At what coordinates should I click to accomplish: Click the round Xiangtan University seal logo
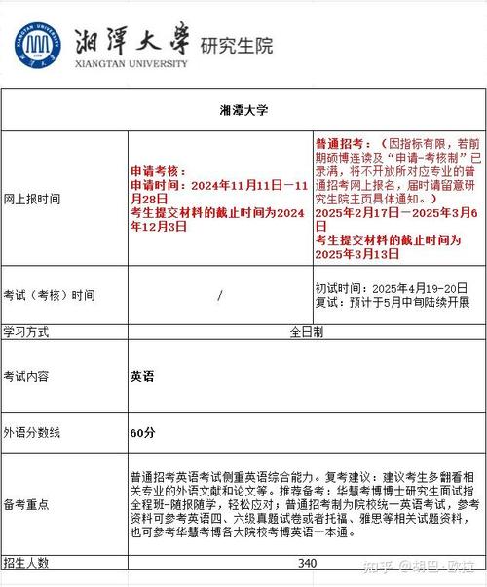(x=35, y=44)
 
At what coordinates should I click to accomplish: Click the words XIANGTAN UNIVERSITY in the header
(x=130, y=63)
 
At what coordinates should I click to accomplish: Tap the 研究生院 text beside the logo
(x=236, y=45)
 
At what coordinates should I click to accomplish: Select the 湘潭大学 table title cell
(x=243, y=110)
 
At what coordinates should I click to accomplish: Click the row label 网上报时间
(x=32, y=198)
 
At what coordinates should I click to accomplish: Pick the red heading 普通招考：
(x=346, y=143)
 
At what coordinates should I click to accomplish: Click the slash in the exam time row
(x=220, y=294)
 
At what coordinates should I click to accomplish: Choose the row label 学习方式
(x=26, y=331)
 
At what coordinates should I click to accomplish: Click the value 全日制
(x=307, y=331)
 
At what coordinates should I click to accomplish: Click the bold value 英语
(x=141, y=375)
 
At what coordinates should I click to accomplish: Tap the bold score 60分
(x=142, y=431)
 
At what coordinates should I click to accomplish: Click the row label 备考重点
(x=26, y=505)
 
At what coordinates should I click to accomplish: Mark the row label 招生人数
(x=26, y=563)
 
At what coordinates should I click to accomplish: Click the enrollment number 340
(x=307, y=563)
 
